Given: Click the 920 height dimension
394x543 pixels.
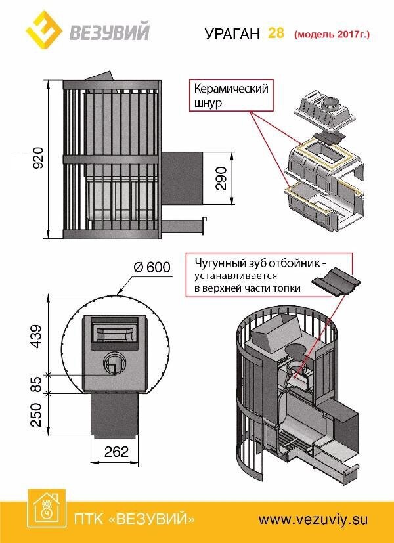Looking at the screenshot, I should (x=39, y=158).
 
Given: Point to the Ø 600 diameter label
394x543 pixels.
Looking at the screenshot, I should (x=152, y=267).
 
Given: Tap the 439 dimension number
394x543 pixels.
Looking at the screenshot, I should (x=36, y=336).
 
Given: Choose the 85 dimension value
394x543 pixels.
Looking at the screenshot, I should (x=36, y=383).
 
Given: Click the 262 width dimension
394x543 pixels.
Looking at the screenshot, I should (x=115, y=452).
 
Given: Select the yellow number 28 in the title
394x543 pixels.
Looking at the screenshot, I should (x=276, y=33).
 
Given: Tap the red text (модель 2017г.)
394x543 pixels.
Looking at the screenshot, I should (x=332, y=33).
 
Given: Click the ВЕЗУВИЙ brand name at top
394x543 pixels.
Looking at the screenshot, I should (x=108, y=30).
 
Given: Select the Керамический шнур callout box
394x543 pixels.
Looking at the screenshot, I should (x=230, y=96).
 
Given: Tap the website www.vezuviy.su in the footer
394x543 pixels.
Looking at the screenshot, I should (x=312, y=519).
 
